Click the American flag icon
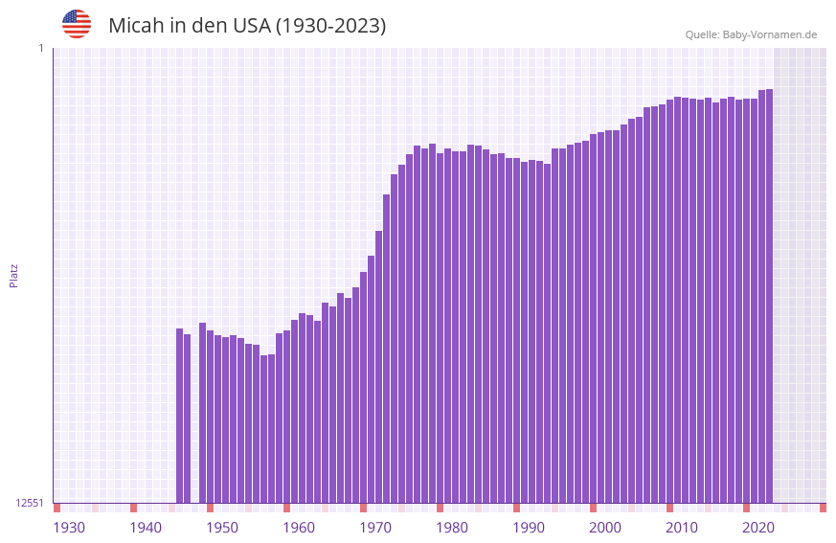77,24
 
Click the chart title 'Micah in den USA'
247,26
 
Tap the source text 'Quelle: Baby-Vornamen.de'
751,34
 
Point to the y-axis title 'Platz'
13,275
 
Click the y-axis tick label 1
40,48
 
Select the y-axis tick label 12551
30,503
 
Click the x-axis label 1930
69,528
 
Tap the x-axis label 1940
146,528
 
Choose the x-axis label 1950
222,528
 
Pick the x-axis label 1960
299,528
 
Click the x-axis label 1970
375,528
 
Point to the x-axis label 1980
452,528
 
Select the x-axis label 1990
529,528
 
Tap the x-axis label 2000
605,528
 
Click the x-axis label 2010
682,528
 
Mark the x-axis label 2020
758,528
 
